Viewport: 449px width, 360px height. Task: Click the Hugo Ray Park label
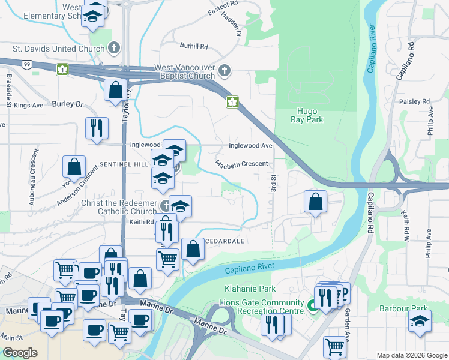coord(310,115)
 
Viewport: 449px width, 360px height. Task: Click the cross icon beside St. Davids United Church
coord(115,48)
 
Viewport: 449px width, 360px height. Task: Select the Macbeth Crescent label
coord(241,164)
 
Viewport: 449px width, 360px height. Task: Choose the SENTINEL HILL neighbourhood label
coord(124,164)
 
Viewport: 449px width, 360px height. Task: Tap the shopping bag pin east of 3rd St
coord(315,202)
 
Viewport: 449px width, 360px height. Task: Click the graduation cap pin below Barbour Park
coord(420,320)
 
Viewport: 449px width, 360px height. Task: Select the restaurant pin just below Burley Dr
coord(96,128)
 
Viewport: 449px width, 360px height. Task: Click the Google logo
coord(20,353)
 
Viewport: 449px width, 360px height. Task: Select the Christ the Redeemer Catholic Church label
coord(119,207)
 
